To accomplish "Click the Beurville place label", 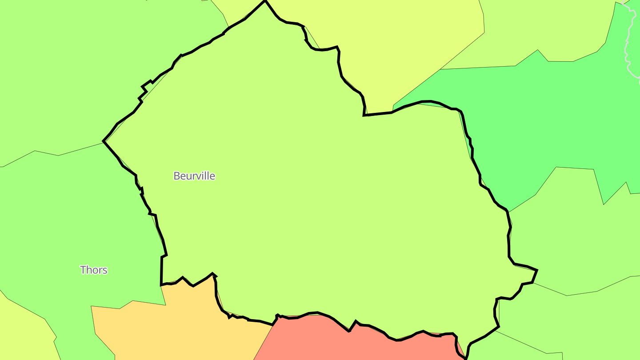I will pos(194,176).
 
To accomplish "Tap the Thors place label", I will pos(94,270).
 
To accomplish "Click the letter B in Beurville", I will pos(176,176).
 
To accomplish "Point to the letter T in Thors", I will pos(83,270).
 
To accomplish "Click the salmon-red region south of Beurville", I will pos(320,340).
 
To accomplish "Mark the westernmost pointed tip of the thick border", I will pos(104,141).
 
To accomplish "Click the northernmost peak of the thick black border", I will pos(265,1).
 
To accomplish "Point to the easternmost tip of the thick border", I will pos(537,270).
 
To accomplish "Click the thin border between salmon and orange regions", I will pos(263,342).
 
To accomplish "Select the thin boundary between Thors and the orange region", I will pos(129,304).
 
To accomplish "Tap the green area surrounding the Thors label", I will pos(67,231).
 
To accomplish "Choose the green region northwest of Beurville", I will pos(89,67).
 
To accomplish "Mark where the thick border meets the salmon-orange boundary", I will pos(273,325).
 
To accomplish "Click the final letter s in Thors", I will pos(105,270).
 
